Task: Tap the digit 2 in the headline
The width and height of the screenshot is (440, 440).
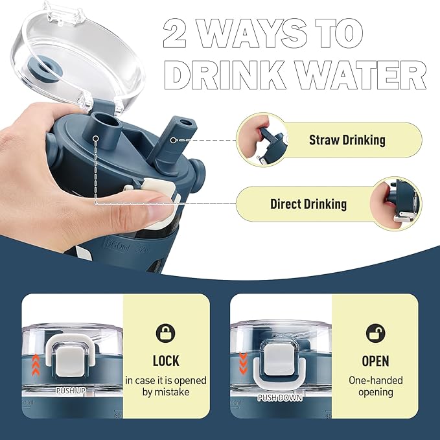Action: tap(174, 33)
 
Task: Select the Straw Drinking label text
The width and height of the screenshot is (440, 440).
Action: tap(347, 140)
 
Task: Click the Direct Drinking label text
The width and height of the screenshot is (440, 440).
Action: tap(308, 204)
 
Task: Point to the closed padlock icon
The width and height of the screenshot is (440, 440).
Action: tap(165, 333)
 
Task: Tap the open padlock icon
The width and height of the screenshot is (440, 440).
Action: tap(376, 333)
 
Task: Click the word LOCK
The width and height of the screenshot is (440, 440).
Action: tap(166, 361)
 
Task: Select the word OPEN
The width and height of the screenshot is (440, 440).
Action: tap(375, 361)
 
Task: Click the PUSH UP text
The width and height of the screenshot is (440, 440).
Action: tap(71, 391)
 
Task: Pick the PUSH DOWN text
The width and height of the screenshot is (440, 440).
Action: tap(280, 398)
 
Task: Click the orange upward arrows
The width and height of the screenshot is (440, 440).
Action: tap(36, 365)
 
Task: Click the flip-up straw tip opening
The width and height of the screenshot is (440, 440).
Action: tap(186, 122)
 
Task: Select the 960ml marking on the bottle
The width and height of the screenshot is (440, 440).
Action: tap(117, 248)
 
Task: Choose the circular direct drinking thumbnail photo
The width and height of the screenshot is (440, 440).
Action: tap(396, 203)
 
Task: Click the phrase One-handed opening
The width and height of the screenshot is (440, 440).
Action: tap(375, 386)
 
